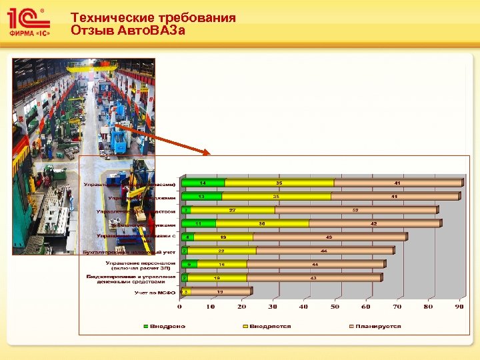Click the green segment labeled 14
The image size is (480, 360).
click(203, 183)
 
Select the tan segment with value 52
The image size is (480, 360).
click(356, 210)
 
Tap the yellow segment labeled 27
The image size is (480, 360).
click(231, 210)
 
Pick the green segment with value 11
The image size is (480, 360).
click(198, 223)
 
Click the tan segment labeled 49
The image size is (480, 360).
click(330, 237)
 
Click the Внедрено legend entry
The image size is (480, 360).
click(167, 326)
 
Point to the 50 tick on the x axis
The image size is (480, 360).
click(335, 307)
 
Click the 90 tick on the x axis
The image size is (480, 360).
click(459, 307)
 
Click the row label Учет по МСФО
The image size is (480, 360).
click(154, 291)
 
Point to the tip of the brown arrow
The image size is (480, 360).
click(210, 155)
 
